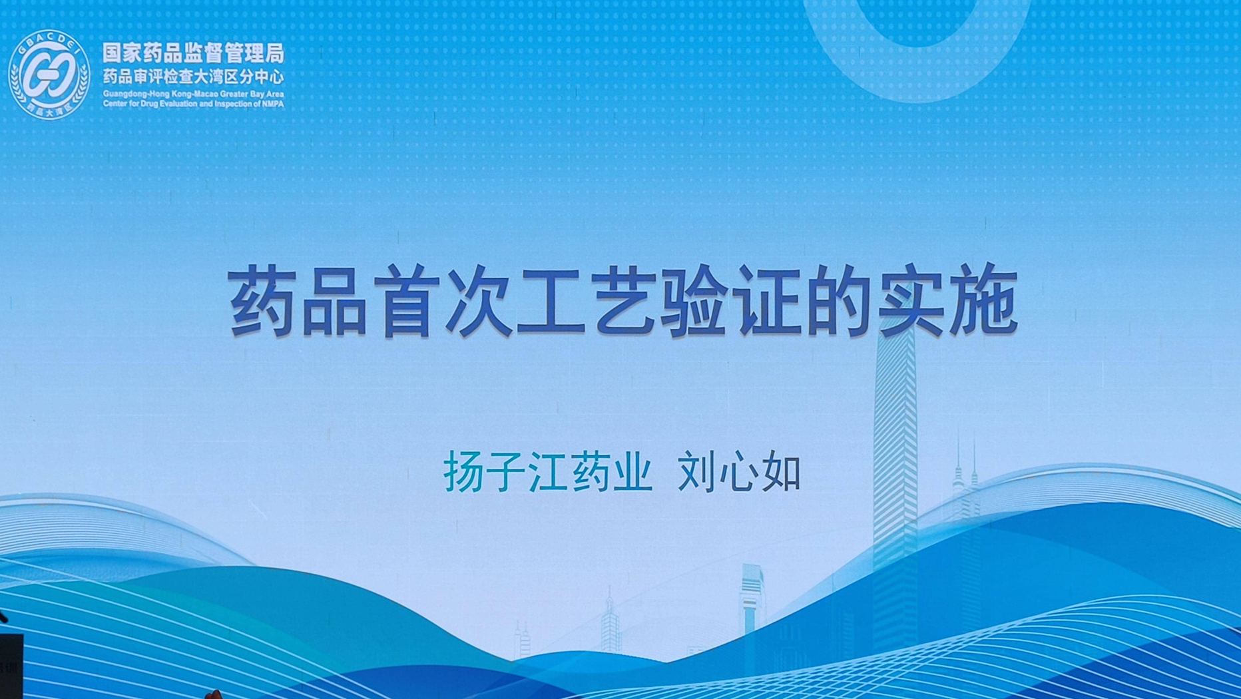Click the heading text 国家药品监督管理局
(193, 53)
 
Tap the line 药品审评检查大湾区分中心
(193, 77)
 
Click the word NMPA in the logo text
(272, 105)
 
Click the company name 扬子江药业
(547, 472)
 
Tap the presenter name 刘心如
(739, 472)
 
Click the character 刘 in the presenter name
(698, 472)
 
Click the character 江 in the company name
(547, 472)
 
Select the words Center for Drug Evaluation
(150, 105)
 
